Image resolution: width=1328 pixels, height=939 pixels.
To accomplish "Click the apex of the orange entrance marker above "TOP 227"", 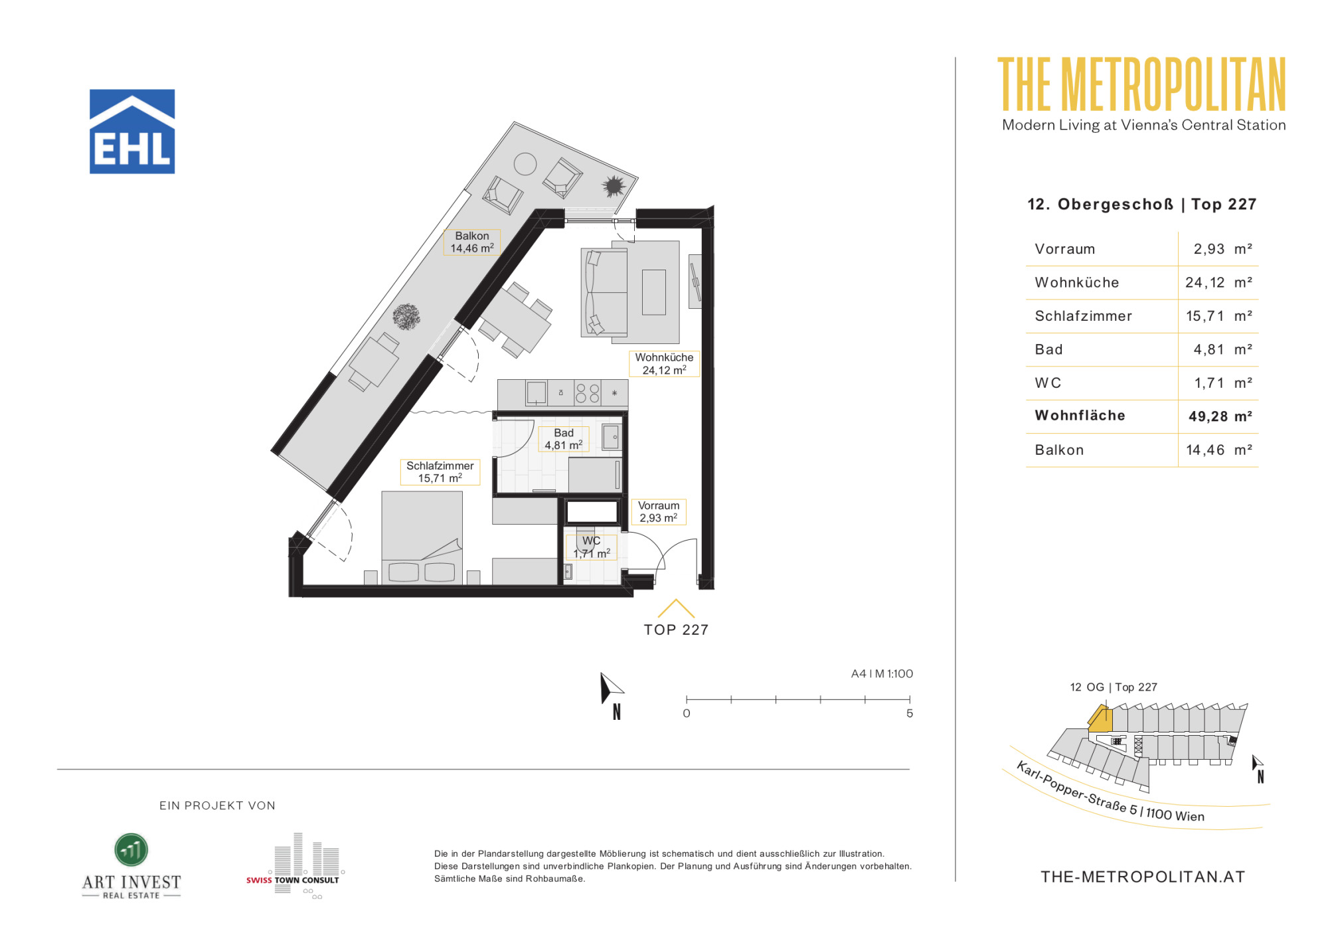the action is (676, 600).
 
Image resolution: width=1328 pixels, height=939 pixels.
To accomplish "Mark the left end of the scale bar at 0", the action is (687, 699).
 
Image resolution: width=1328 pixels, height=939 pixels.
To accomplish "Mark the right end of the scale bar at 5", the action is (910, 699).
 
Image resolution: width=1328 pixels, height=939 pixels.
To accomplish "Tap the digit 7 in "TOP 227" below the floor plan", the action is (703, 630).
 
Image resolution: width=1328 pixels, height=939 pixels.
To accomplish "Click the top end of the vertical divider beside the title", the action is (955, 58).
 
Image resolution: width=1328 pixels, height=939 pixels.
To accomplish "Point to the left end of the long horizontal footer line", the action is (58, 769).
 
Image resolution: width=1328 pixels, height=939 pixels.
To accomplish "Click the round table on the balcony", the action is (525, 164).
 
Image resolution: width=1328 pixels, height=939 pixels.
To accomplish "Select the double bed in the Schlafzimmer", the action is (422, 537).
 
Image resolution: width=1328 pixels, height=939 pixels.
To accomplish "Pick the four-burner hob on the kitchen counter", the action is (587, 393).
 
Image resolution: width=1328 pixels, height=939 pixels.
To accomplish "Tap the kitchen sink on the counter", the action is (536, 392).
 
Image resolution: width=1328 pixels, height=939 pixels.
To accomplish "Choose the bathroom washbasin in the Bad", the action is (612, 437).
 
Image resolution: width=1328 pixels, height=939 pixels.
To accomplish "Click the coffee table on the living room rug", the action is (653, 292).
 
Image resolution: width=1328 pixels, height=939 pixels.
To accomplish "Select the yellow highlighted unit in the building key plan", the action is (1100, 720).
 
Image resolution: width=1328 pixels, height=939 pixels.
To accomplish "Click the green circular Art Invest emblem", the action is (131, 850).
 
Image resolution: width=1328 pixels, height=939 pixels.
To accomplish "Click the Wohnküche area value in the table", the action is (1218, 282).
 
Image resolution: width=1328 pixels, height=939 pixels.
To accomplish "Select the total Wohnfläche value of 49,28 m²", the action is (1220, 416).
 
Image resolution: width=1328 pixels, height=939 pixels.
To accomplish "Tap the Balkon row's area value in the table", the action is (1218, 450).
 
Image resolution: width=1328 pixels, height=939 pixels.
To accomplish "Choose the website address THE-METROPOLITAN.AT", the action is (1143, 877).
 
